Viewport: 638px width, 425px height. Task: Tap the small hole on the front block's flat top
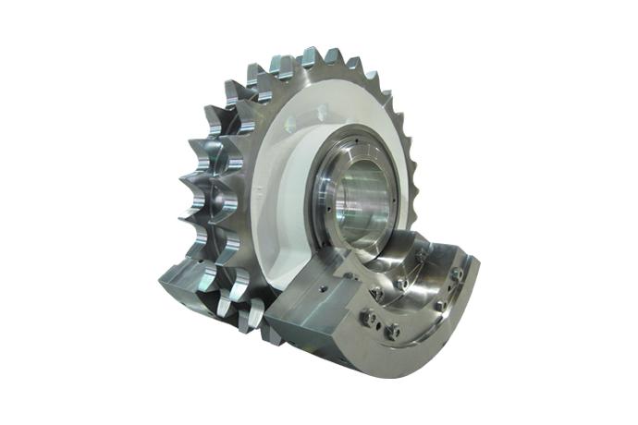coord(314,289)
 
